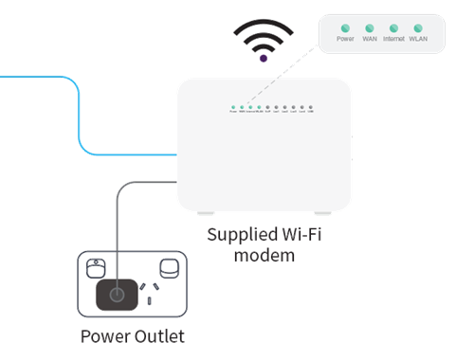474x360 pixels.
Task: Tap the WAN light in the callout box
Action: [x=370, y=27]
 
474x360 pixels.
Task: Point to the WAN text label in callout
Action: [x=370, y=40]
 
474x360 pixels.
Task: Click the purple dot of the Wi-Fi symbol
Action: [x=263, y=59]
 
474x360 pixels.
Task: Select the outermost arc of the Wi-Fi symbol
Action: [x=263, y=21]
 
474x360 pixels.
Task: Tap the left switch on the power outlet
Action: [x=96, y=266]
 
